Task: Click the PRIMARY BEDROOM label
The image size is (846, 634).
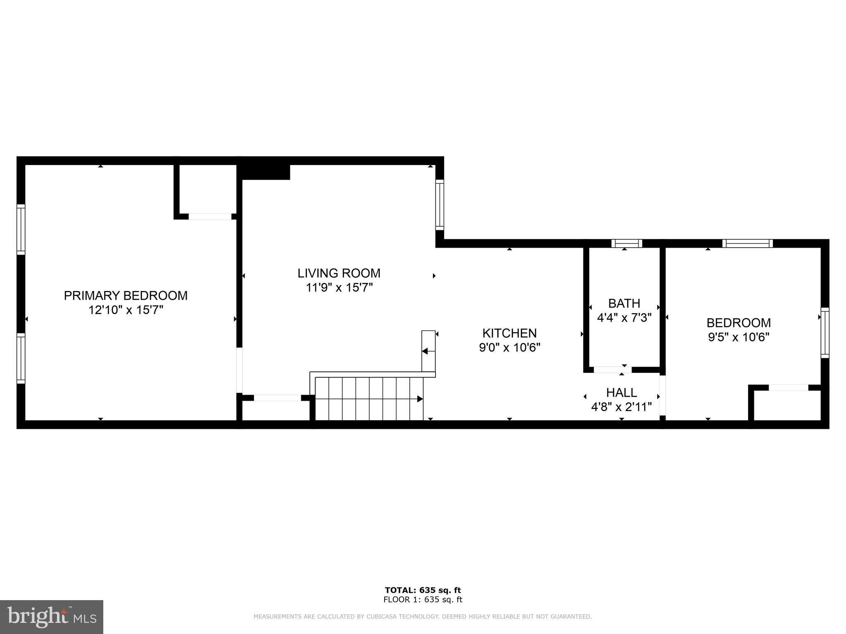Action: pos(126,296)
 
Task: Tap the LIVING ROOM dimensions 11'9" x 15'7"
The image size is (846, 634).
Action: pos(339,287)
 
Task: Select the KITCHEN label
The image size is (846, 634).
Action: pos(509,333)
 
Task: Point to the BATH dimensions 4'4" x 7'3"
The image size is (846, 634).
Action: pos(624,317)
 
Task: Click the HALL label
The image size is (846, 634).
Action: pos(621,392)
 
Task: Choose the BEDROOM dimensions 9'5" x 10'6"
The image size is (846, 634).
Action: pos(739,337)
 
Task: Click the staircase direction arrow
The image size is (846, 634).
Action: pos(419,399)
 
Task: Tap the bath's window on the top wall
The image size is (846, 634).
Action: pos(627,244)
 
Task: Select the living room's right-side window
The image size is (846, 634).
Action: pos(440,205)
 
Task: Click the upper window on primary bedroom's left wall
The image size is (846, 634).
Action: pos(21,229)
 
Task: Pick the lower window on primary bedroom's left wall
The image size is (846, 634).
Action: pos(21,358)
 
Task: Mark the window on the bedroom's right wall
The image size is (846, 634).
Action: pos(825,333)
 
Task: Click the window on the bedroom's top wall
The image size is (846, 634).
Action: pos(747,244)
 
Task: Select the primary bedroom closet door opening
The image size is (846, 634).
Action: pos(210,216)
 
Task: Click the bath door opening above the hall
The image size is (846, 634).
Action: pos(612,369)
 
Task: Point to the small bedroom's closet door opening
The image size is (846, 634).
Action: pos(788,388)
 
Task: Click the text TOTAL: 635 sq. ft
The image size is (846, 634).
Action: pos(423,590)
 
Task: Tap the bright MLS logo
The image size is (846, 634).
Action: pos(52,617)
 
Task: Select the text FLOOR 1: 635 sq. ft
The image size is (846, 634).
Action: pos(423,600)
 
